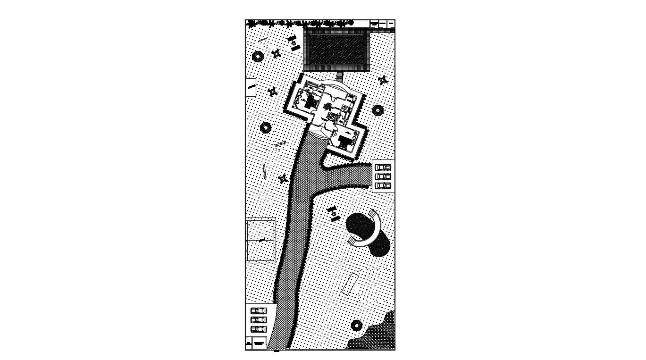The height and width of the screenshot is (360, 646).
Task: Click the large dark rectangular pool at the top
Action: [x=336, y=49]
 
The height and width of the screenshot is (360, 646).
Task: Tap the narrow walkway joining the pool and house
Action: [x=339, y=76]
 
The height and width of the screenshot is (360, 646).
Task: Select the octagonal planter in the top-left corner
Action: [x=258, y=57]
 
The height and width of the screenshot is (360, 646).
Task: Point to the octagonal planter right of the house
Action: [x=378, y=110]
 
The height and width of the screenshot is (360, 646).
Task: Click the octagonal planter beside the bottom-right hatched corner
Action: [x=357, y=325]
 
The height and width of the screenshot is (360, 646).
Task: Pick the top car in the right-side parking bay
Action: [x=383, y=167]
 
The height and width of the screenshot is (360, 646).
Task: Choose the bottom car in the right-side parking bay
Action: [x=383, y=185]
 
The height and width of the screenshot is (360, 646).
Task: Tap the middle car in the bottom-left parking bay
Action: [x=259, y=320]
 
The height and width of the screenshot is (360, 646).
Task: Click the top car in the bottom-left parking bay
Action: [x=259, y=311]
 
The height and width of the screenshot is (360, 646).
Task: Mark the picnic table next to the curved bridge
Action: [x=334, y=213]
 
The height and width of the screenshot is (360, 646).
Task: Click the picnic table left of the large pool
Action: [x=294, y=43]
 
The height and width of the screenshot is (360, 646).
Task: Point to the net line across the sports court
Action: [x=261, y=240]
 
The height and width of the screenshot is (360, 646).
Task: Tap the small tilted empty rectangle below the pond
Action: [x=350, y=284]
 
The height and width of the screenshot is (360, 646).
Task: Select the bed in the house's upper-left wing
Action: [x=310, y=100]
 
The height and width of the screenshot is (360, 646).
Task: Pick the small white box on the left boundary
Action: [x=251, y=88]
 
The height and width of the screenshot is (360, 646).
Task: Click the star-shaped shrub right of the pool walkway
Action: [x=383, y=80]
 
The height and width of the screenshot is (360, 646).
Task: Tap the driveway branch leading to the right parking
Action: [x=347, y=177]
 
